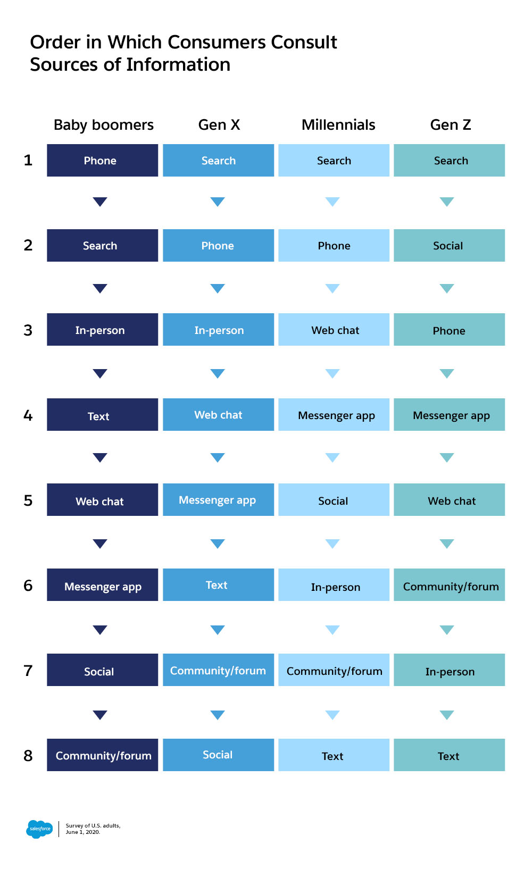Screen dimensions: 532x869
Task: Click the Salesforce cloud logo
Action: (39, 829)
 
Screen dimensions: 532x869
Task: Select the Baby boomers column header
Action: (104, 125)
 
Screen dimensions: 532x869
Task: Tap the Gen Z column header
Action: (451, 125)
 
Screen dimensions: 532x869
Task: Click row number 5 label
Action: (28, 500)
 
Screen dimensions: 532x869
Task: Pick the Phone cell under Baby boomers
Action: (103, 160)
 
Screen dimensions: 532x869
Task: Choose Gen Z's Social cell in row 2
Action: (450, 245)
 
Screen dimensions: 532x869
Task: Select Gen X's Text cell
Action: (219, 584)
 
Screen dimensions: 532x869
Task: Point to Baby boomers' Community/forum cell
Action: (103, 755)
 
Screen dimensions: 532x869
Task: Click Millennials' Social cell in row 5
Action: (334, 500)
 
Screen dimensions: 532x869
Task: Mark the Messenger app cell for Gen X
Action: (219, 500)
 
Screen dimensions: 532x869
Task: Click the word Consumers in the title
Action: (216, 42)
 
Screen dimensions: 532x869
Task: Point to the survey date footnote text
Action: (93, 829)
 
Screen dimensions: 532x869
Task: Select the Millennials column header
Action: (338, 125)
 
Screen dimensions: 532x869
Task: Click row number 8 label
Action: (28, 755)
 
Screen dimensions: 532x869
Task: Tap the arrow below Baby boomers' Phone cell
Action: (100, 202)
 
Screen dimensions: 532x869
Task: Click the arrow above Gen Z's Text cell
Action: (447, 715)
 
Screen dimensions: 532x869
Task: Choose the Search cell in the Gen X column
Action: (219, 160)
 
